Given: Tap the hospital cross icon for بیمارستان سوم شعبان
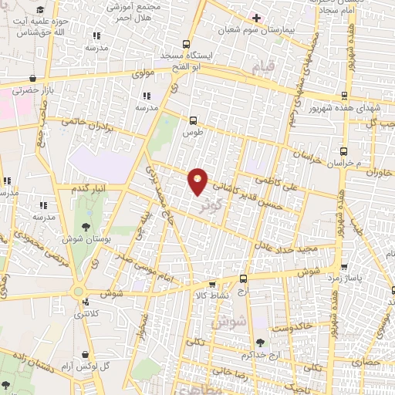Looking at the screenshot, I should pyautogui.click(x=257, y=18).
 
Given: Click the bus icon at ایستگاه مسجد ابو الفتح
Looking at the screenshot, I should pyautogui.click(x=185, y=44).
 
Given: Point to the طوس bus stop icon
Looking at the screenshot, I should pyautogui.click(x=192, y=120).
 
